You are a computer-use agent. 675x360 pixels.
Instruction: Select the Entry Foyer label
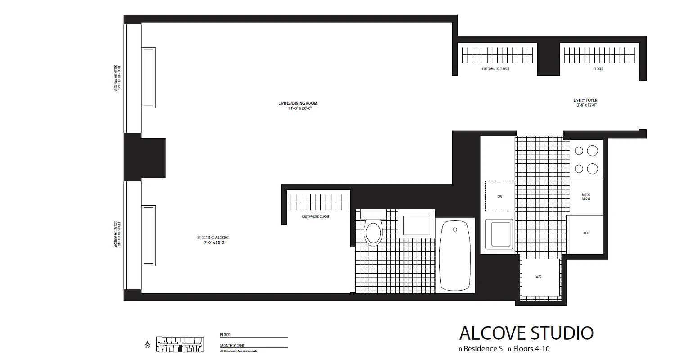585,100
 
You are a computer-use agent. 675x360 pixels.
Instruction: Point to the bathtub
456,255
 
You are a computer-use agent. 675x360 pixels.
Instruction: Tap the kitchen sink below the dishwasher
499,234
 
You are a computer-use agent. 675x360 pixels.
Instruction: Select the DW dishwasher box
499,196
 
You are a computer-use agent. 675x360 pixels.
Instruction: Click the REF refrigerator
585,234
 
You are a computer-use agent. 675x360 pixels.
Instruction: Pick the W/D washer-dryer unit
539,276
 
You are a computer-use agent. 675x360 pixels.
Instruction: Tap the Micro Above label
586,197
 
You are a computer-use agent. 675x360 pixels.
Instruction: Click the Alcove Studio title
526,333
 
